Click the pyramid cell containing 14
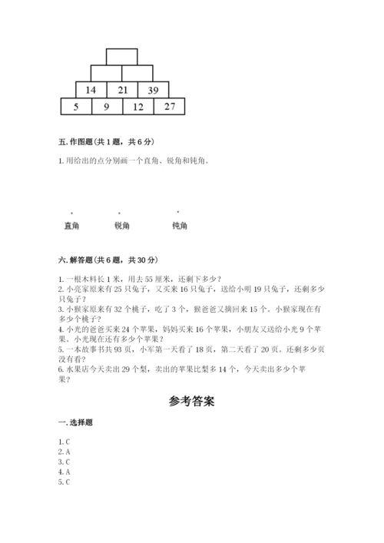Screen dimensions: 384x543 click(91, 90)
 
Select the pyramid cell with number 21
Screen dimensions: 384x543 click(122, 90)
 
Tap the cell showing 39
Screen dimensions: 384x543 click(154, 90)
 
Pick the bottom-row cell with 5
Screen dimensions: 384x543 click(76, 107)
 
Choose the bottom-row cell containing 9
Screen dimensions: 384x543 click(107, 107)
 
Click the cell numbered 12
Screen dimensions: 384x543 click(138, 107)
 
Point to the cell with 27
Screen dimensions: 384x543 click(170, 107)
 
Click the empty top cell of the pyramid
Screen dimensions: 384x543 click(122, 57)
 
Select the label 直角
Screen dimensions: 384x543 click(71, 226)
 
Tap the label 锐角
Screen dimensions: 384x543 click(122, 226)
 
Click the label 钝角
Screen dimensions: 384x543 click(180, 226)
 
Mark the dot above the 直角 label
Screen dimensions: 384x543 click(72, 213)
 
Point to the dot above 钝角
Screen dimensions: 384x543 click(178, 211)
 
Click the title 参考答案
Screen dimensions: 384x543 click(191, 400)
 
